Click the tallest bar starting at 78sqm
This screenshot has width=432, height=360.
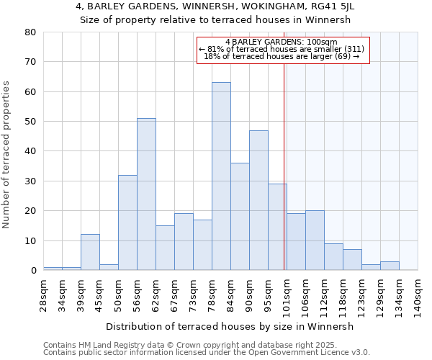(221, 176)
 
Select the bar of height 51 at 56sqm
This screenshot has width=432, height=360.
(146, 194)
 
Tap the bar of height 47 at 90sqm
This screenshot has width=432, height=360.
(258, 200)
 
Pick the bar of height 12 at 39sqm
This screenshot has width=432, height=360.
(90, 252)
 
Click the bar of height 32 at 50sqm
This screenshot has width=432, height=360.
(127, 222)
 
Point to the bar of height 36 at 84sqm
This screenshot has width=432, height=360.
(240, 216)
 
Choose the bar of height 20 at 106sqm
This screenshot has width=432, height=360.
(315, 240)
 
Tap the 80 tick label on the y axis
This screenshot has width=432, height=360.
(30, 32)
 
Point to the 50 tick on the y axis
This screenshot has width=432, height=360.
(30, 122)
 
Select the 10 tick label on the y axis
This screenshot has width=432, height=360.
(30, 241)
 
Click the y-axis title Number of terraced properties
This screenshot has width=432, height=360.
(7, 155)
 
